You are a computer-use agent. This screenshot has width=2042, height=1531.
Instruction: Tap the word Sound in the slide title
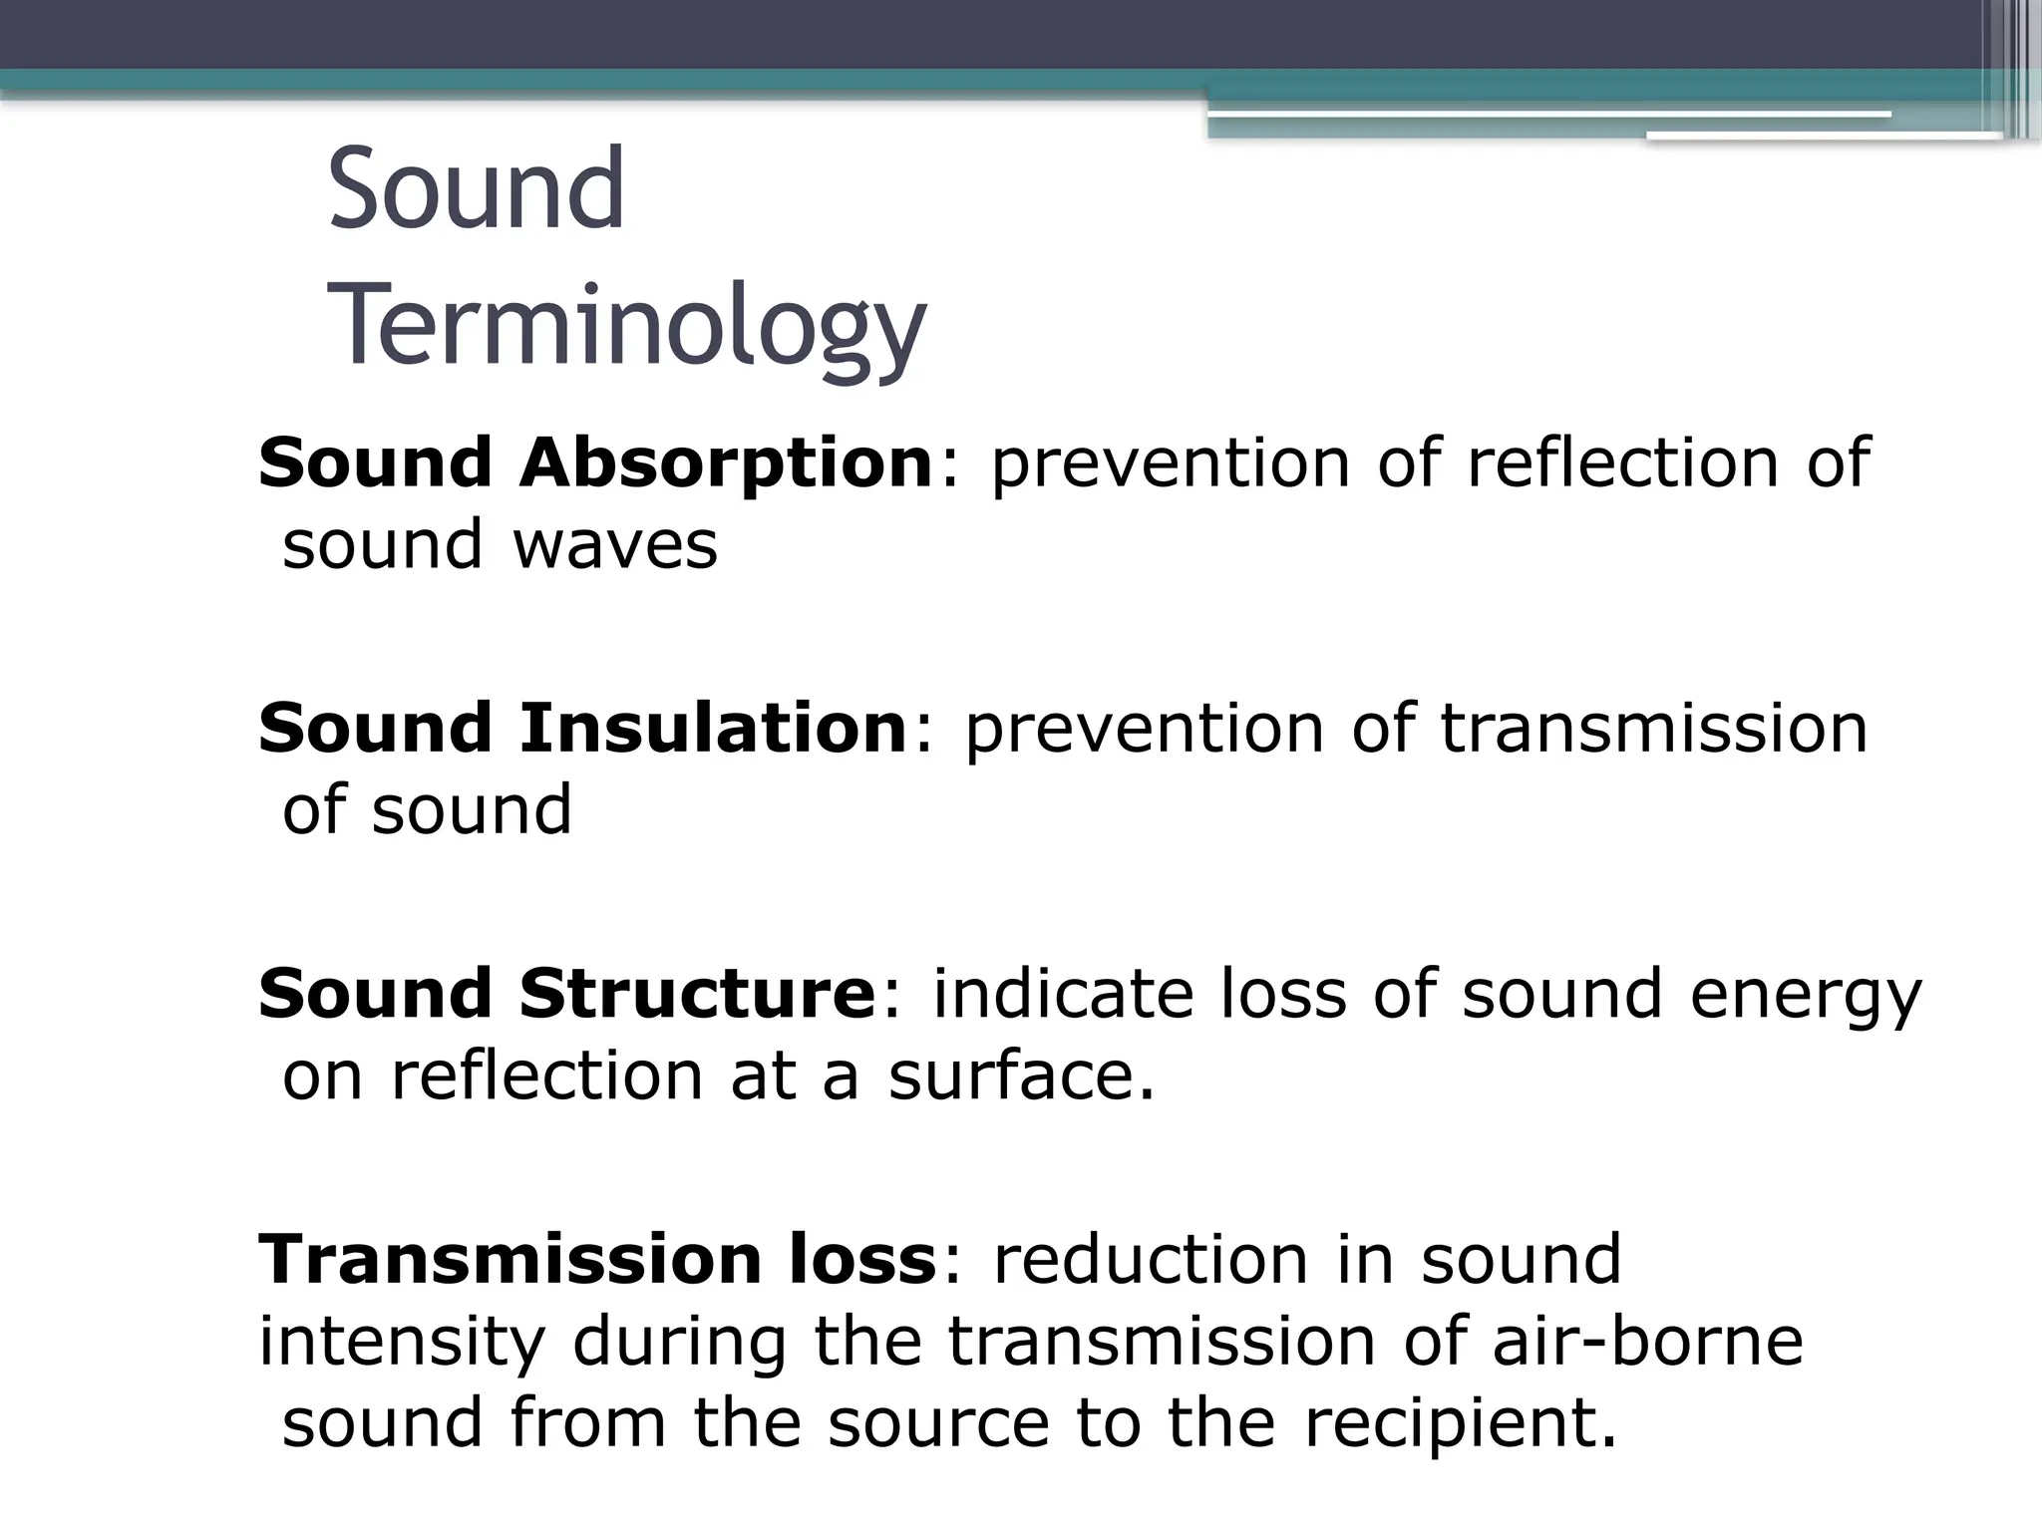[476, 188]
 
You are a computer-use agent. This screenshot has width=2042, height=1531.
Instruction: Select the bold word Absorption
[725, 463]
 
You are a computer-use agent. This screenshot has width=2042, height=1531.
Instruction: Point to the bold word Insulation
[712, 728]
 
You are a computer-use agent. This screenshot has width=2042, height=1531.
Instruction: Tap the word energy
[1805, 995]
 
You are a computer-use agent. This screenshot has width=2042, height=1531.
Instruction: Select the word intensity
[402, 1341]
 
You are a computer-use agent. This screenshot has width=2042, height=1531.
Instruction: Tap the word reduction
[1151, 1258]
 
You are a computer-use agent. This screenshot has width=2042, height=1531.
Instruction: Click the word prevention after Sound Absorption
[1170, 463]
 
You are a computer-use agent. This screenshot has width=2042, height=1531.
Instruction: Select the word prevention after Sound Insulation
[1144, 728]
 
